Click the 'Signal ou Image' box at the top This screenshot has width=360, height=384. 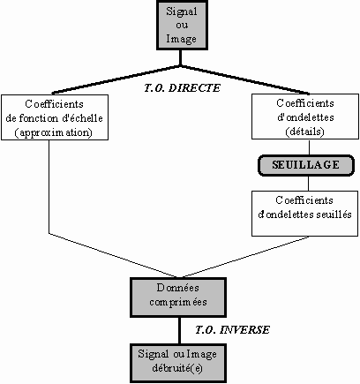[182, 25]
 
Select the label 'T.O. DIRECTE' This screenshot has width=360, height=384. [182, 88]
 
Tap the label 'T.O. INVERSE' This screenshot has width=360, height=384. [232, 329]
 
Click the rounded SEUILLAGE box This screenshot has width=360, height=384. [306, 165]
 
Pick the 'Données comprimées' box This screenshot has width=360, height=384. [178, 297]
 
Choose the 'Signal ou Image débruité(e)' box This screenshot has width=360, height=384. [178, 363]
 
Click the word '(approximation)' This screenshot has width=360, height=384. [54, 132]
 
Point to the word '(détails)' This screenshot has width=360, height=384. [305, 132]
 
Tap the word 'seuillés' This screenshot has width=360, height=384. [334, 215]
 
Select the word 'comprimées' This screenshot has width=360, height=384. [178, 303]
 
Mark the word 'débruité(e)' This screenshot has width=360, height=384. [177, 368]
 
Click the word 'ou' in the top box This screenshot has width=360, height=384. [182, 25]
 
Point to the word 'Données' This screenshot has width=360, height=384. [178, 288]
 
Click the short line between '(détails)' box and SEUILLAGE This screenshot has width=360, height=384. [309, 147]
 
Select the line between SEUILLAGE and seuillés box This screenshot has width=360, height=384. [309, 184]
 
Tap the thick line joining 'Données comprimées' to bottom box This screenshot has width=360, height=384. [180, 330]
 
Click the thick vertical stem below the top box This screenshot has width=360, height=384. [180, 57]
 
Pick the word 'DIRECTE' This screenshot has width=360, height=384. [194, 88]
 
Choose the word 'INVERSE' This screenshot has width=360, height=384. [244, 329]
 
